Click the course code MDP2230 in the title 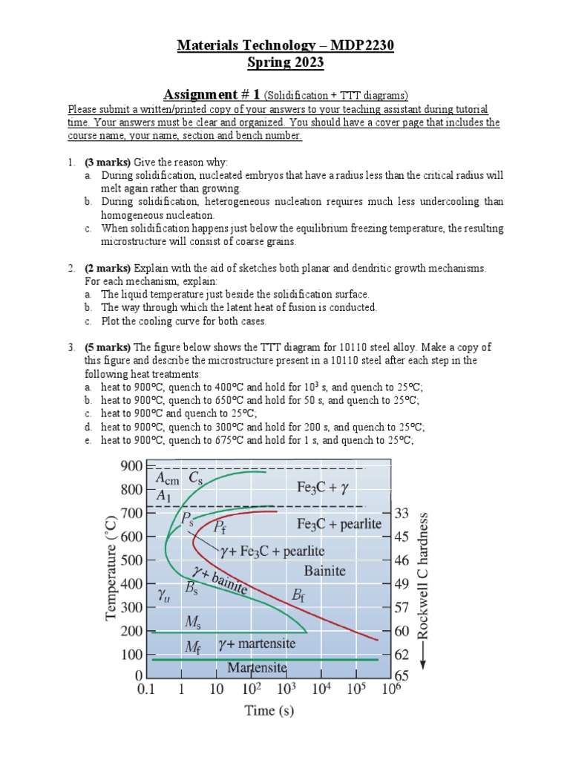click(360, 46)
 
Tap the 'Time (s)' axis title click(269, 711)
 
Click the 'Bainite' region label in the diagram click(325, 571)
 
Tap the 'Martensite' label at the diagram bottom click(258, 667)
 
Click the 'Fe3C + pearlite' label click(339, 523)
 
